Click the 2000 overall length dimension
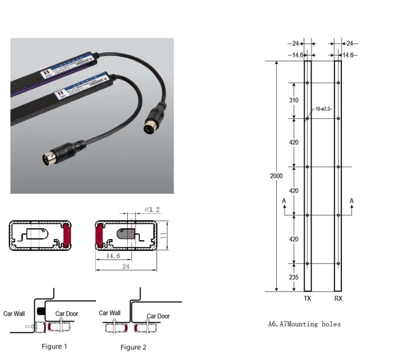[276, 176]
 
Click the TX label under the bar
[308, 297]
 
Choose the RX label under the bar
[338, 297]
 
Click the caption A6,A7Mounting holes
[304, 324]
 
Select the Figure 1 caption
[55, 346]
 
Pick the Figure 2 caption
[133, 347]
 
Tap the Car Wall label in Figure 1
[14, 314]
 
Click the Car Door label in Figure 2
[158, 316]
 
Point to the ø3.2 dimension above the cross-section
[152, 210]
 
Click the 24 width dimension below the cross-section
[126, 266]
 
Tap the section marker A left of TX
[284, 201]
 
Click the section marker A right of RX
[351, 201]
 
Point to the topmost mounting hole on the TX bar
[308, 83]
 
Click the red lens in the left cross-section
[67, 235]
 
